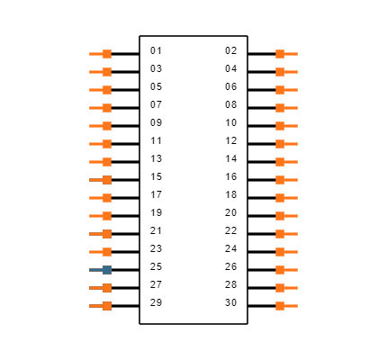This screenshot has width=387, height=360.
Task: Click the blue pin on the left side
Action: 105,270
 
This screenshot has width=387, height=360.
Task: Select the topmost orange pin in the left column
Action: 105,54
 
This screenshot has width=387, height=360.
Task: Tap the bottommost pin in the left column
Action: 105,306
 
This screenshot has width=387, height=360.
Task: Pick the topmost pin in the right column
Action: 281,54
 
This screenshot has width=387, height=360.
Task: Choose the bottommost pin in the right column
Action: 281,306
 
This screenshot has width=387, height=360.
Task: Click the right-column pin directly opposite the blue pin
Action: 281,270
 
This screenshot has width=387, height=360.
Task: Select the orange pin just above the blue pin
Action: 105,252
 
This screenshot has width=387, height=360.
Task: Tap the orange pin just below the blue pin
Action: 105,288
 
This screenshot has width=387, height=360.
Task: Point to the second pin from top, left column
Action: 105,72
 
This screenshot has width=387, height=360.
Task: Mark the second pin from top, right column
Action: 281,72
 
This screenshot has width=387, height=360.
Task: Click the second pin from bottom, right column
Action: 281,288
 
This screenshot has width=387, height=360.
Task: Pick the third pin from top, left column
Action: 105,90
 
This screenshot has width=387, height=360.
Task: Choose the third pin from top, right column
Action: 281,90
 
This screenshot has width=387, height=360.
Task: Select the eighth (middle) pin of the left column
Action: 105,180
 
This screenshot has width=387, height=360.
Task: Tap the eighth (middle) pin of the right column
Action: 281,180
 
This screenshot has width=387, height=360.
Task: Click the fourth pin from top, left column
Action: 105,108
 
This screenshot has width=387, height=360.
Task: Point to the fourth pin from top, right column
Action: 281,108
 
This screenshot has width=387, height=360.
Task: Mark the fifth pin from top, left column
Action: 105,126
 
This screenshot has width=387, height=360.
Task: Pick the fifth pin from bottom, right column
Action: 281,234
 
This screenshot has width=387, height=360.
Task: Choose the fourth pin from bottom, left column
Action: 105,252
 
